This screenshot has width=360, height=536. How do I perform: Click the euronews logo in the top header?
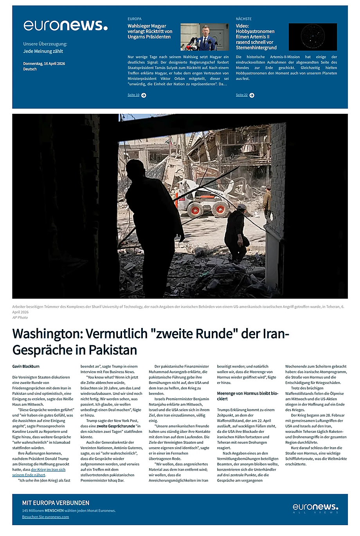65,25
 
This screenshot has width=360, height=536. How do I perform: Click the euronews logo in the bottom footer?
315,508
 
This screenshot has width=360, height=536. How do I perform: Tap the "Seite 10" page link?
133,95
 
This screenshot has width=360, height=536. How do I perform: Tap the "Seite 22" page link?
242,95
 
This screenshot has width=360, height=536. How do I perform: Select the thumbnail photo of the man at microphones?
205,37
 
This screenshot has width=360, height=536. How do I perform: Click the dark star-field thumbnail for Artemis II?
313,37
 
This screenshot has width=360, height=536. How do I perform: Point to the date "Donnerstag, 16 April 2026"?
44,63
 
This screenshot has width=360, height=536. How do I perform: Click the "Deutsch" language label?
30,69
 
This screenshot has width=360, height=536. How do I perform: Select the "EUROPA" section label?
135,19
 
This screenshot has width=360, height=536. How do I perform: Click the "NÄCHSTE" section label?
243,19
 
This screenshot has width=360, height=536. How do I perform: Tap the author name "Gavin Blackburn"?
26,366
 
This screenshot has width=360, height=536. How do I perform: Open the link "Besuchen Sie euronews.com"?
45,517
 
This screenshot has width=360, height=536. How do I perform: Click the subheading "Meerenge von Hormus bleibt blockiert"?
247,396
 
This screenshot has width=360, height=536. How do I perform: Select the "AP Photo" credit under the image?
20,317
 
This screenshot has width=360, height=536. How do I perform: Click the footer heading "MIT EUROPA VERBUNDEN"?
56,503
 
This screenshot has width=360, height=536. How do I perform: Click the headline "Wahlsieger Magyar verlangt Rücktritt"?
150,31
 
